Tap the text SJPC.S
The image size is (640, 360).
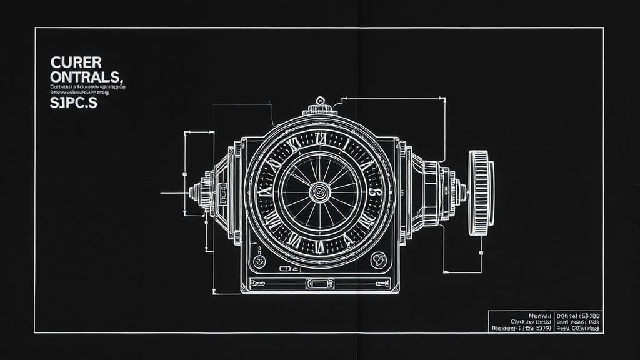tap(74, 103)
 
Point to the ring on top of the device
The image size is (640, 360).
tap(321, 100)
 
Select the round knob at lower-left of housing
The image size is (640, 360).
tap(259, 261)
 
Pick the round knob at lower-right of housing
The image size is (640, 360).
tap(378, 260)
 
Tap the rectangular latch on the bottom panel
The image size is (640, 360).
tap(320, 284)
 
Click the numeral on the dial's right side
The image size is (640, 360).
tap(372, 192)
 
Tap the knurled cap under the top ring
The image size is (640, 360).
tap(321, 111)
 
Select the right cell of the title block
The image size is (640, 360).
tap(578, 322)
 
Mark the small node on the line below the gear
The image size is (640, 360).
tap(481, 253)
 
